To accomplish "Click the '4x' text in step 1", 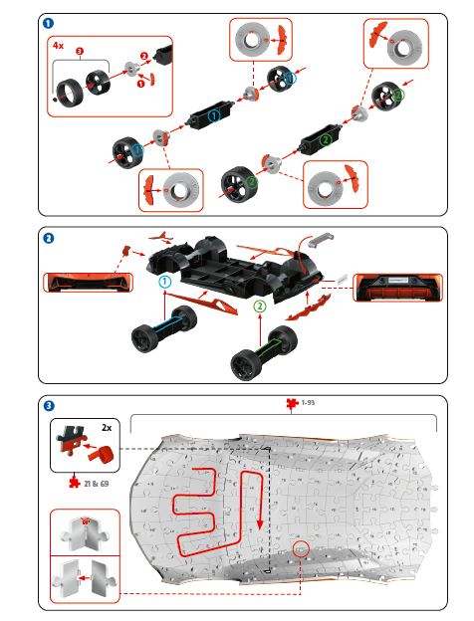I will click(59, 45).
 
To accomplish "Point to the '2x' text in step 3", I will click(106, 426).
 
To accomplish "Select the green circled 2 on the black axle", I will click(326, 140).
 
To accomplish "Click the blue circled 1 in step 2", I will click(163, 282).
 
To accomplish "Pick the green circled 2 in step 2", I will click(261, 306).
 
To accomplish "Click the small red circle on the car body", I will click(302, 548).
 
